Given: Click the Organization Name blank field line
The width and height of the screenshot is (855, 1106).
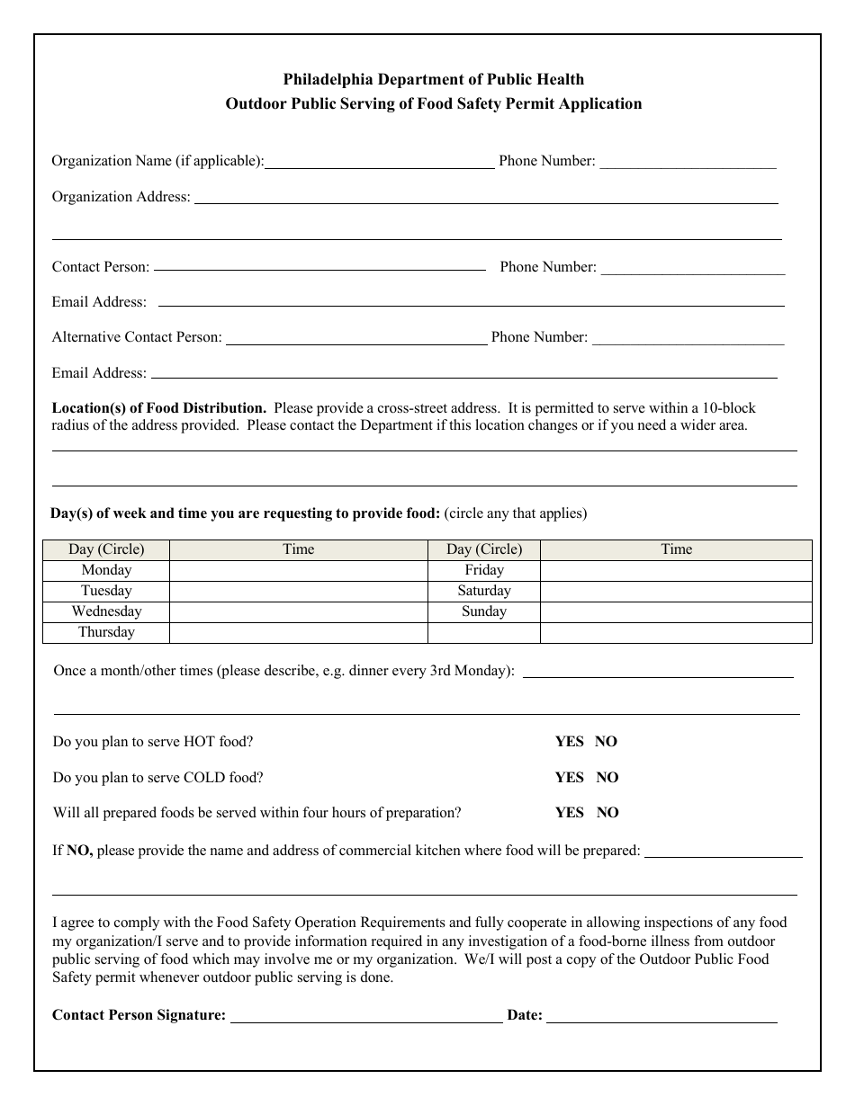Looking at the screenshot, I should point(379,163).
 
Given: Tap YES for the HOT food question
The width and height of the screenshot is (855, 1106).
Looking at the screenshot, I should point(569,742).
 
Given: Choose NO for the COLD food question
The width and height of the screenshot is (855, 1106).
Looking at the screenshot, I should point(607,778).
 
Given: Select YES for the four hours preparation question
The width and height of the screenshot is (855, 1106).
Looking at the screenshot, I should point(569,813).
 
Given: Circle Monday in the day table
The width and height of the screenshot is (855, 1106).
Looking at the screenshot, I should point(106,570).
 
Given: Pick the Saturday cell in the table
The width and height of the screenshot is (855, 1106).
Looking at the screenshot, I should point(483,591).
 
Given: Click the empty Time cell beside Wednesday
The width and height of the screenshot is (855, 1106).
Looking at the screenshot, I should point(298,611).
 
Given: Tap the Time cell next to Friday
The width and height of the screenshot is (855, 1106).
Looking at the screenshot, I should point(675,570).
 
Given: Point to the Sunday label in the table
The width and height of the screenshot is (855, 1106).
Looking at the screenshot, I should point(483,611).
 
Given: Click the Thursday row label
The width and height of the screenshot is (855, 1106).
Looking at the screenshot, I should point(106,632).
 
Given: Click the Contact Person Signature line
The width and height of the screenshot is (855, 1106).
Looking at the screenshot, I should point(366,1017).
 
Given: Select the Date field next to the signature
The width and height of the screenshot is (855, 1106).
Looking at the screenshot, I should point(661,1017).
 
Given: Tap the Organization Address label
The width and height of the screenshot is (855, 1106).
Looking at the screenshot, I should point(121,197).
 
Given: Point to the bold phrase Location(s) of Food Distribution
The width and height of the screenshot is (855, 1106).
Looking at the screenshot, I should point(158,407).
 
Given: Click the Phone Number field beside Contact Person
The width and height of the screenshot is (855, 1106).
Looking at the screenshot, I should point(692,269).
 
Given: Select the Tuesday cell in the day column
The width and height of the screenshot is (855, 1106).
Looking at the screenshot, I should point(106,591).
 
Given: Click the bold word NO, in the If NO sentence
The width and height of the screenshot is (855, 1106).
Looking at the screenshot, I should point(79,850).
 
